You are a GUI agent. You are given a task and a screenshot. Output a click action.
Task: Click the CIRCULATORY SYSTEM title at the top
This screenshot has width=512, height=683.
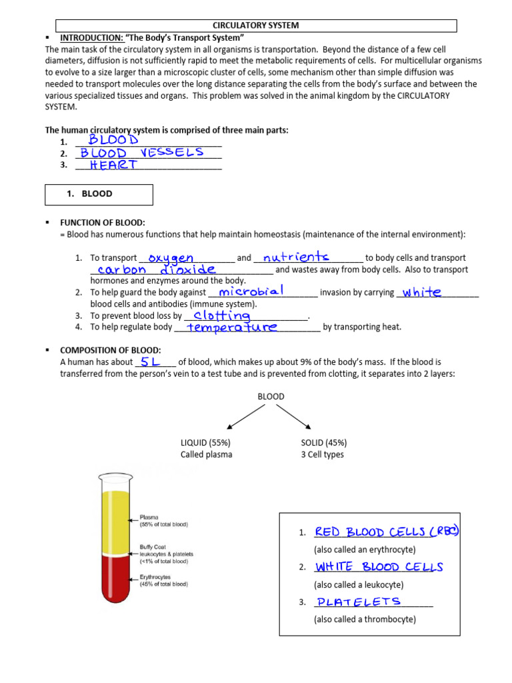click(255, 25)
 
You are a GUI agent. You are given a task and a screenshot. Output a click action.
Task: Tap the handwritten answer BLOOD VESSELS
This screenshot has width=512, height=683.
click(142, 153)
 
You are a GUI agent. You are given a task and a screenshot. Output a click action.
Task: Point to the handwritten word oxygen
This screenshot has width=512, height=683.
click(171, 257)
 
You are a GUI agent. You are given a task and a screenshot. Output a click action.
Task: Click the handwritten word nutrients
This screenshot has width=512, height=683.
click(296, 257)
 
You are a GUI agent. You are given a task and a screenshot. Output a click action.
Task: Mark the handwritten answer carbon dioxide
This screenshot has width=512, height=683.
click(156, 269)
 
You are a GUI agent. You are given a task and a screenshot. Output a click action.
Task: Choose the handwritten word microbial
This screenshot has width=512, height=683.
click(251, 291)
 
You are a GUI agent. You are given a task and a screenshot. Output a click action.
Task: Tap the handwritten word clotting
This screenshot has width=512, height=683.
click(222, 315)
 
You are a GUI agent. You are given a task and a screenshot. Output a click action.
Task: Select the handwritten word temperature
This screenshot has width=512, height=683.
click(232, 327)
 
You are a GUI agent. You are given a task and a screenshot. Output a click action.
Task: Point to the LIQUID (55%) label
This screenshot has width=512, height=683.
click(206, 443)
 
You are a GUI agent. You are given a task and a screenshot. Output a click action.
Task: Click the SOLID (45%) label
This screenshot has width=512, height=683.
click(324, 443)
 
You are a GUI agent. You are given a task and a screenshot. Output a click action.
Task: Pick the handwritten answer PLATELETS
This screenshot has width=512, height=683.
click(359, 602)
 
